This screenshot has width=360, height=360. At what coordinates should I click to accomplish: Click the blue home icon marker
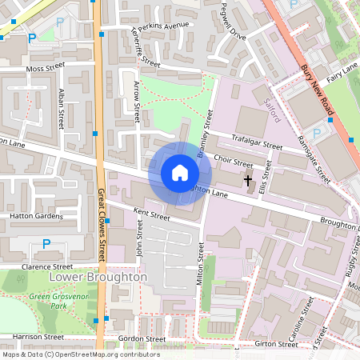tap(180, 172)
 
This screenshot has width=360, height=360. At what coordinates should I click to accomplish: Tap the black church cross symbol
tap(248, 182)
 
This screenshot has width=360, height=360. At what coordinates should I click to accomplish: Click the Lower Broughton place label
tap(98, 277)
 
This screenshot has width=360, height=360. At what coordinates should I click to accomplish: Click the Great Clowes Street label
tap(102, 225)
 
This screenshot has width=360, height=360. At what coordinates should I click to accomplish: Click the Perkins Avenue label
tap(163, 28)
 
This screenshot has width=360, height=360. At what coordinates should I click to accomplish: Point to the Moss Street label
tap(45, 70)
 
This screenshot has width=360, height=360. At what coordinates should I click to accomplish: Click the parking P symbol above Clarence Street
tap(46, 243)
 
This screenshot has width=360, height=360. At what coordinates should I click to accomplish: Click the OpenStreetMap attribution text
tap(80, 354)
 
